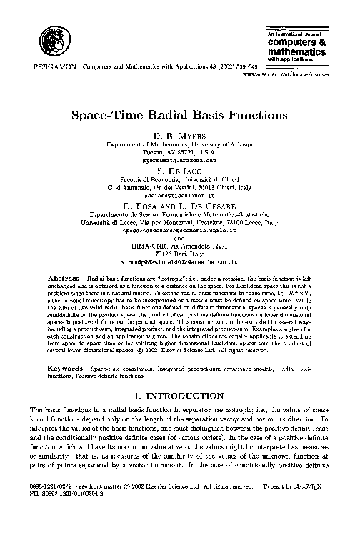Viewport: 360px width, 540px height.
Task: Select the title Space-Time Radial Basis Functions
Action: pyautogui.click(x=179, y=115)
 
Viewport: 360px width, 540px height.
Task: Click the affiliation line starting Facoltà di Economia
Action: pyautogui.click(x=179, y=185)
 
